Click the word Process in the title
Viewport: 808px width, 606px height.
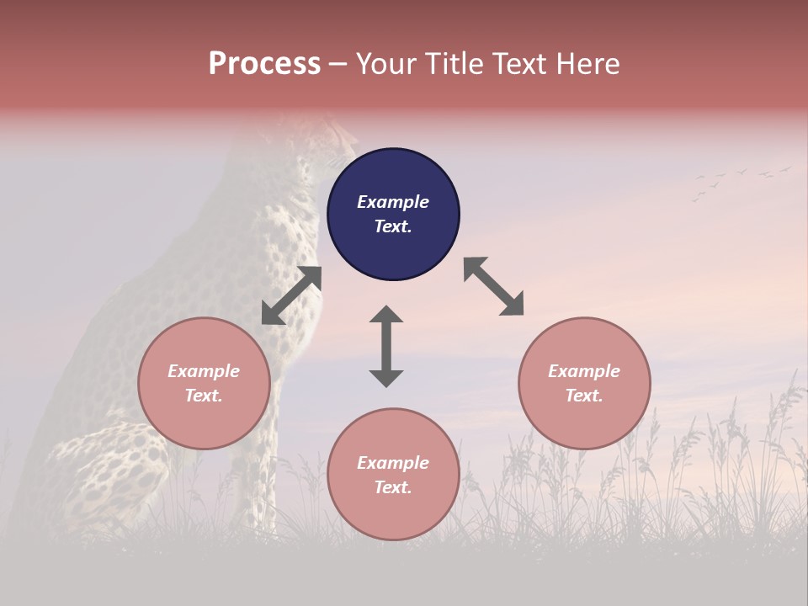pos(264,64)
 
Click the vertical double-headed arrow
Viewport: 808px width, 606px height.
pos(386,346)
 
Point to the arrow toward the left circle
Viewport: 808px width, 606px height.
pos(291,295)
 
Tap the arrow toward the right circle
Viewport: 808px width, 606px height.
pos(493,287)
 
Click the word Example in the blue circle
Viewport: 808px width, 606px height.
pos(393,202)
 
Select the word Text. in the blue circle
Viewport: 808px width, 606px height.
pos(393,226)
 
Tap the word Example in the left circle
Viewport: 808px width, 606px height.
pos(204,371)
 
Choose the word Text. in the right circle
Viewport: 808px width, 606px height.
pos(584,396)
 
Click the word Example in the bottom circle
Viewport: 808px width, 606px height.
pos(393,463)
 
